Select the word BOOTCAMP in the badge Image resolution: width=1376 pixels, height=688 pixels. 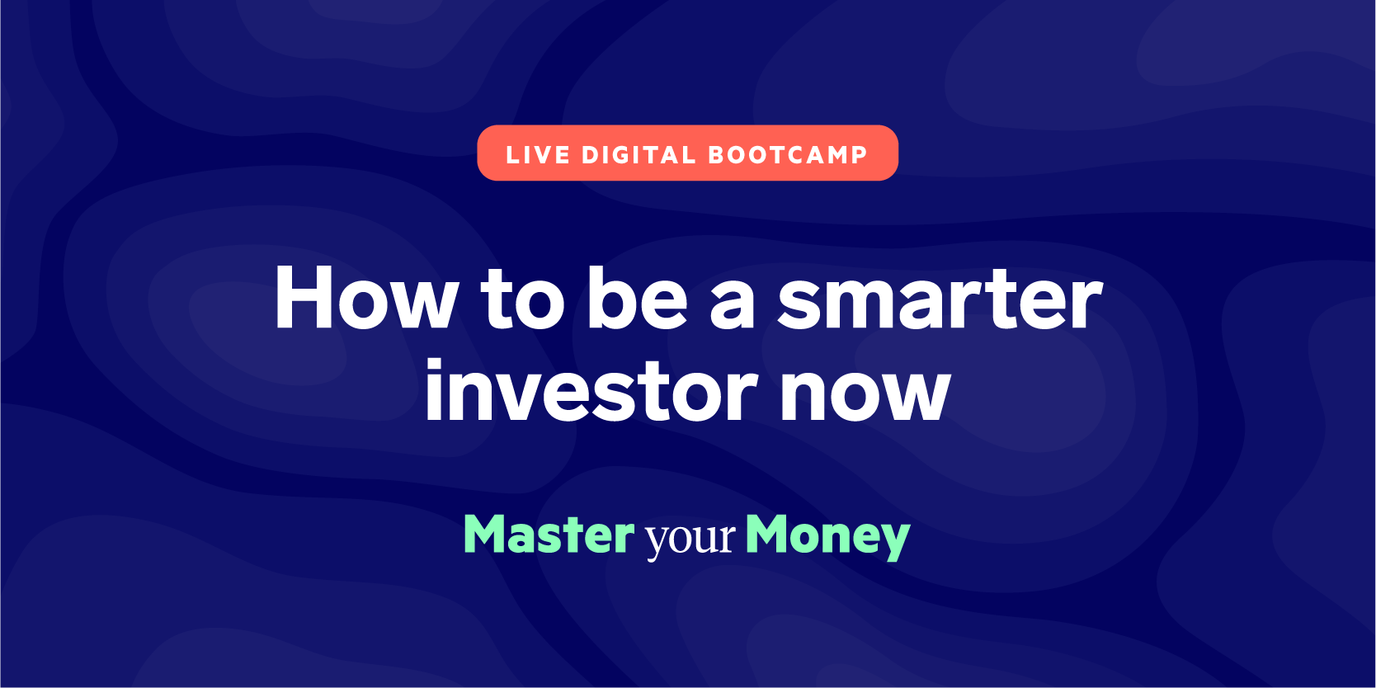[788, 154]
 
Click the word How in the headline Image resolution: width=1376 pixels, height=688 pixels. [366, 299]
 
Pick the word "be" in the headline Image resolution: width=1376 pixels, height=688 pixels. [637, 298]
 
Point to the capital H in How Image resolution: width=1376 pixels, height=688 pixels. [304, 299]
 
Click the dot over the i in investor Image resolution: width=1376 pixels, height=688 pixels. [434, 365]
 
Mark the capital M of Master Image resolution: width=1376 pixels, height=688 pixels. [488, 534]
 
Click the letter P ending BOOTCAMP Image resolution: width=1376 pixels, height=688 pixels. [860, 154]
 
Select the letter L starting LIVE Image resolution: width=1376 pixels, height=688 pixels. [512, 154]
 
